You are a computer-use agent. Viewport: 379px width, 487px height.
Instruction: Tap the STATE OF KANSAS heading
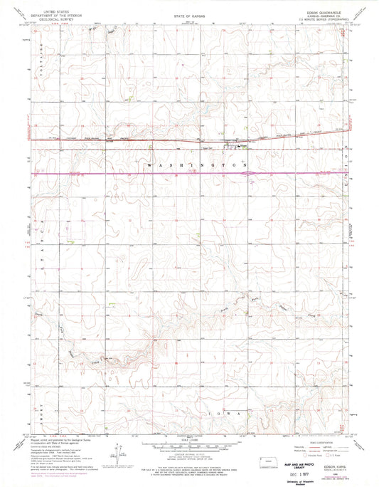click(188, 14)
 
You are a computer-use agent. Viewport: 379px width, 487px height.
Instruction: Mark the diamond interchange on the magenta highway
click(247, 173)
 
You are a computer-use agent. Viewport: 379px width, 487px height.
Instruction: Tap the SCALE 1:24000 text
click(189, 439)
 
